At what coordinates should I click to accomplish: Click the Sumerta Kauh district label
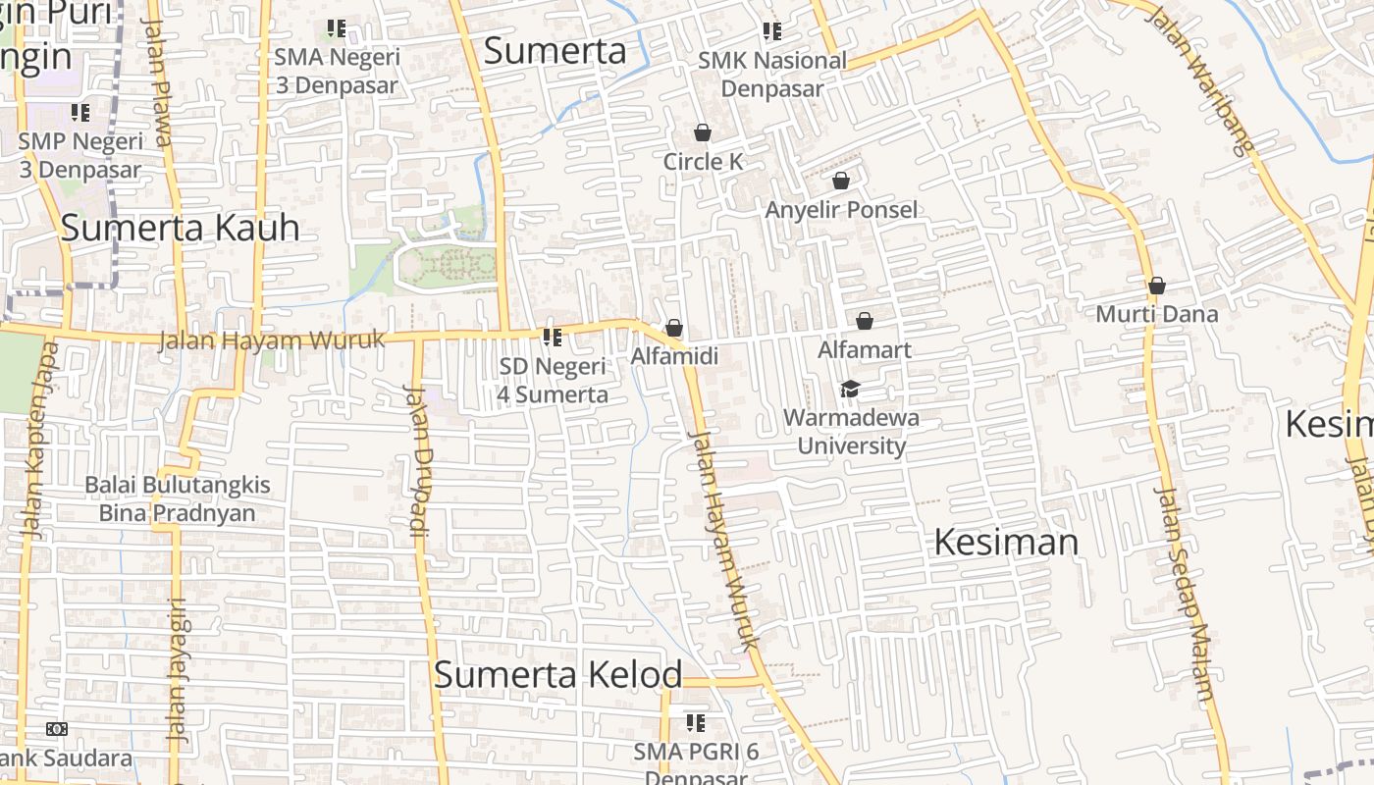point(180,228)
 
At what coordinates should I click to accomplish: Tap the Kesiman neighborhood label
point(1005,542)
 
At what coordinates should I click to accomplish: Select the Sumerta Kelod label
point(557,674)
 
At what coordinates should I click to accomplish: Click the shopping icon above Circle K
point(703,132)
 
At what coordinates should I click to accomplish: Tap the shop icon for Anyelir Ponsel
point(841,181)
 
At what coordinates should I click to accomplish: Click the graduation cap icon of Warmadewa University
point(850,390)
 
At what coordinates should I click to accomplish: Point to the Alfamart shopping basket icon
point(865,321)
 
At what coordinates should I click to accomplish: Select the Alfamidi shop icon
point(674,328)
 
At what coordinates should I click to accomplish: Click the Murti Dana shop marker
point(1157,286)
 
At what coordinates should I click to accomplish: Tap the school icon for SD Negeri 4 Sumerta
point(553,338)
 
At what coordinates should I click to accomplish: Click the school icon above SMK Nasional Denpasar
point(772,31)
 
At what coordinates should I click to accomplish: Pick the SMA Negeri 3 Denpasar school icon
point(337,28)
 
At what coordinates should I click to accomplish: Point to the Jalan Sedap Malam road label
point(1186,593)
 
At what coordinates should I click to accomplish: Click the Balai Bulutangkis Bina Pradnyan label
point(177,498)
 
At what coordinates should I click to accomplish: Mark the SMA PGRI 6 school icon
point(696,723)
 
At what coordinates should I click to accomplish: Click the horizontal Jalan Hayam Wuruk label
point(271,340)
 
